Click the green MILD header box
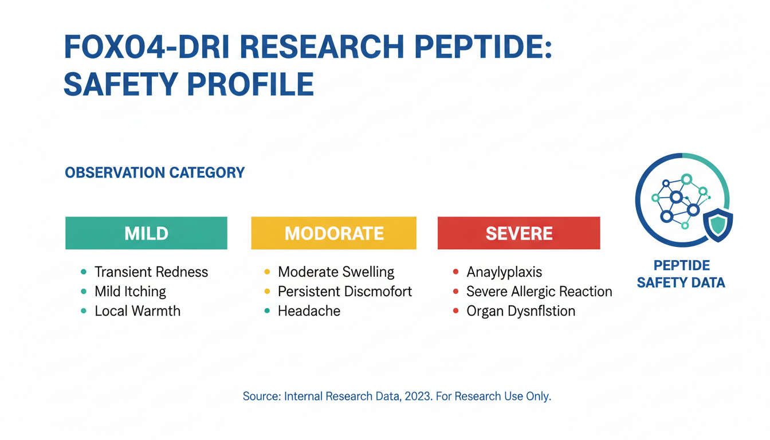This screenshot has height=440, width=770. click(x=146, y=233)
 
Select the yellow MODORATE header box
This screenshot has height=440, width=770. click(x=333, y=233)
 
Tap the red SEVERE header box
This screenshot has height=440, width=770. click(x=518, y=233)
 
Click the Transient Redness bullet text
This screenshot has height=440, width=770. click(x=151, y=272)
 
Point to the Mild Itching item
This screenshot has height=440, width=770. click(x=130, y=292)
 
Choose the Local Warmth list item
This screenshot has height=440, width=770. click(x=137, y=311)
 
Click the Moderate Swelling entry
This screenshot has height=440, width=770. click(x=336, y=272)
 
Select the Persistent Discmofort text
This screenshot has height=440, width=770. click(x=345, y=292)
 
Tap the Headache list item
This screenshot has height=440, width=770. click(x=309, y=311)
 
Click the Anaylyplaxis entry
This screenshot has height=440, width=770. click(x=504, y=272)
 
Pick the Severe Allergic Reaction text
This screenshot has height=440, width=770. click(x=539, y=292)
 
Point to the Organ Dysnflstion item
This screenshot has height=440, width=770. click(x=521, y=311)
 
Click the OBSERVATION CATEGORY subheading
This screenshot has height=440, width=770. click(x=155, y=172)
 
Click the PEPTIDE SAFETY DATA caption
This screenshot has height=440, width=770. click(x=681, y=274)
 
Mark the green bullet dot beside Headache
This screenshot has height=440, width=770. click(x=267, y=311)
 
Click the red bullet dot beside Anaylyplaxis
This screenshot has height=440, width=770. click(x=455, y=272)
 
